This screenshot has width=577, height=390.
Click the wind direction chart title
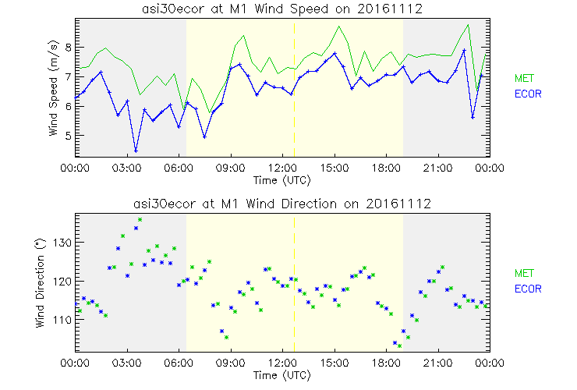point(282,204)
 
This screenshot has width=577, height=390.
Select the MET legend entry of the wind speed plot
point(523,78)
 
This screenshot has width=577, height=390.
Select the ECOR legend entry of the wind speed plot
point(527,94)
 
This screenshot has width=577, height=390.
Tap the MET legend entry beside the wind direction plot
point(523,273)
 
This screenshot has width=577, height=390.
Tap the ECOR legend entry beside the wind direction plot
point(527,289)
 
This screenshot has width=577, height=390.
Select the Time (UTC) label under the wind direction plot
point(282,375)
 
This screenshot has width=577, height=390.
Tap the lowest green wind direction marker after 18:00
point(399,345)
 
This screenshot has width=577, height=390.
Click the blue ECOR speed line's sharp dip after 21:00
point(473,118)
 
